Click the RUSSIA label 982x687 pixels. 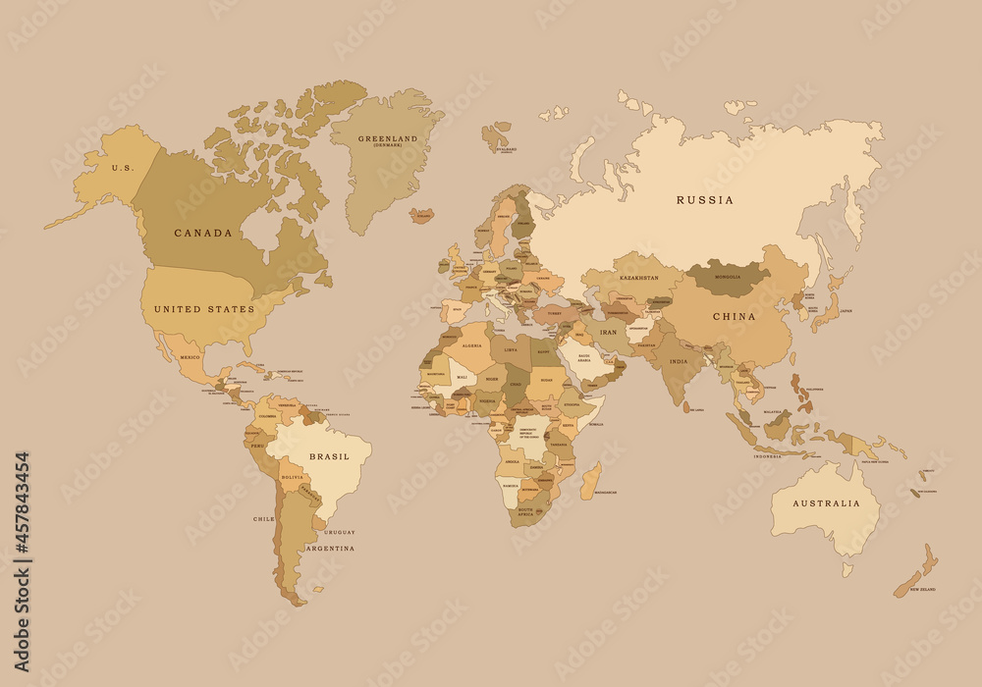pos(705,200)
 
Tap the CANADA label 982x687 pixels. pos(203,234)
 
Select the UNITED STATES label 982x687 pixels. pos(204,309)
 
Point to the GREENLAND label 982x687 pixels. pos(387,139)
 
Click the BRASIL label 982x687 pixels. pos(328,456)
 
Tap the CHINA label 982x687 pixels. pos(734,317)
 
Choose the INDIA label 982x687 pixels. pos(679,361)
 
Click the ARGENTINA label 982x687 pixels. pos(330,549)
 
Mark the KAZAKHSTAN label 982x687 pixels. pos(638,279)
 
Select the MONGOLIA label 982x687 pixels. pos(728,278)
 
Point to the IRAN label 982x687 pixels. pos(609,333)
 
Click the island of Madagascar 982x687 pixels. pos(590,480)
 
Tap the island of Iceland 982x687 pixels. pos(422,215)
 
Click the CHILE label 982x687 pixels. pos(263,518)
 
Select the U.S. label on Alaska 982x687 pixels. pos(122,168)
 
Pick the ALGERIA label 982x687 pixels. pos(473,346)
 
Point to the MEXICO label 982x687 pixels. pos(190,357)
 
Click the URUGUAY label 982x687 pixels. pos(340,532)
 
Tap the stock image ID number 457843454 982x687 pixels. pos(22,519)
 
